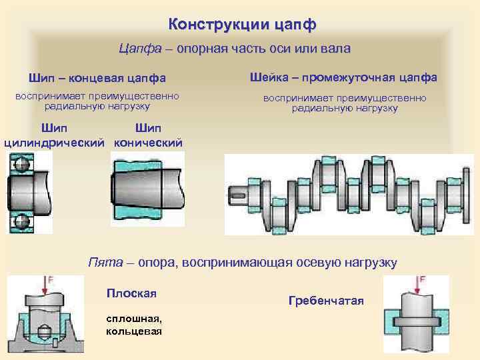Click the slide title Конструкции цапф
(242, 25)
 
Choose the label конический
(148, 142)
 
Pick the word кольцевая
(133, 331)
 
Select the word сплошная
(131, 319)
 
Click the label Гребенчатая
(326, 301)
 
